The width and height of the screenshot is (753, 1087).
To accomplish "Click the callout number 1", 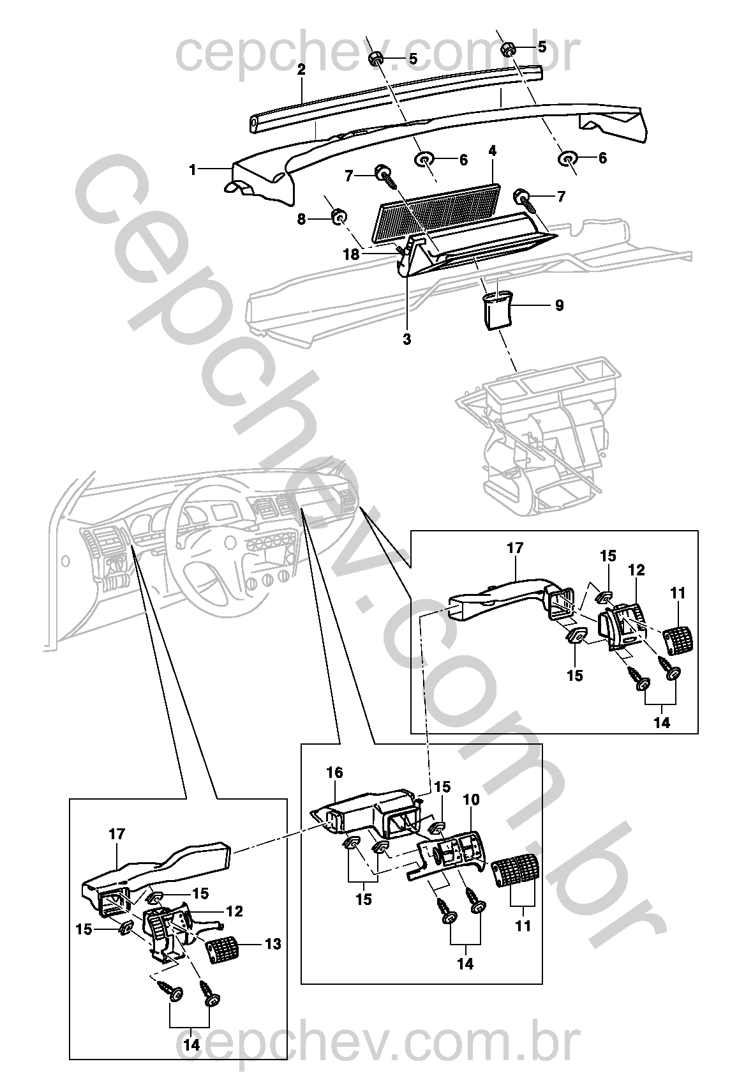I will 191,170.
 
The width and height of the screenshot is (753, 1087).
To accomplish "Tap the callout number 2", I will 301,70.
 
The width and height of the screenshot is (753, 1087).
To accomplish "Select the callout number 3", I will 407,339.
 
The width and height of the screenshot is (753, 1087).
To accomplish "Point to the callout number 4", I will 492,151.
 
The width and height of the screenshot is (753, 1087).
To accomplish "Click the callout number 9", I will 559,305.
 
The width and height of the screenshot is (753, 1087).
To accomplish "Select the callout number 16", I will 334,773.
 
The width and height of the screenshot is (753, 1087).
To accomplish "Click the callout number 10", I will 472,799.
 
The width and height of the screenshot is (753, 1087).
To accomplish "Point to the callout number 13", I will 272,944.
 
